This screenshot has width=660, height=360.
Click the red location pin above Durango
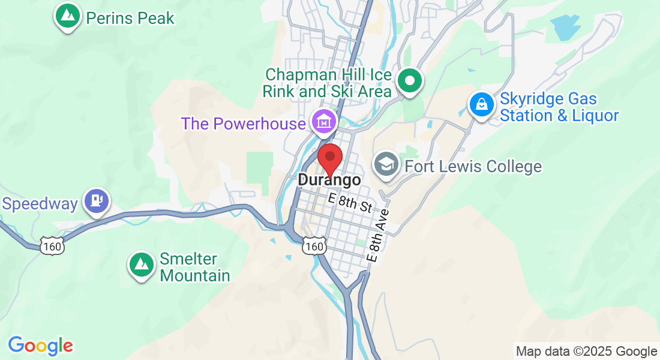(x=329, y=158)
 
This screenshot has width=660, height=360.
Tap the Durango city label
(x=329, y=180)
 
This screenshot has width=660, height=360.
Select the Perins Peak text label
(x=130, y=18)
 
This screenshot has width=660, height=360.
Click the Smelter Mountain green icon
(x=142, y=264)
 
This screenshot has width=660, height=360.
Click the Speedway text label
(x=40, y=204)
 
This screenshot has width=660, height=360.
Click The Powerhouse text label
(x=244, y=124)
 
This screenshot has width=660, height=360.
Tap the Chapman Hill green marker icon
(x=410, y=80)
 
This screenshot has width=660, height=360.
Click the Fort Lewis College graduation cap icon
(x=386, y=164)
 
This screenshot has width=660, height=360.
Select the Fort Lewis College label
(x=473, y=166)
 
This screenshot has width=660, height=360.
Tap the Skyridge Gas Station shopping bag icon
(x=481, y=104)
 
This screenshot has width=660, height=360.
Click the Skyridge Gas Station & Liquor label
(x=559, y=107)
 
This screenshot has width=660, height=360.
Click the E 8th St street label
(x=350, y=203)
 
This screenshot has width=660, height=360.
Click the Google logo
(x=40, y=346)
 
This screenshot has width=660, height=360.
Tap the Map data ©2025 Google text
(x=586, y=352)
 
